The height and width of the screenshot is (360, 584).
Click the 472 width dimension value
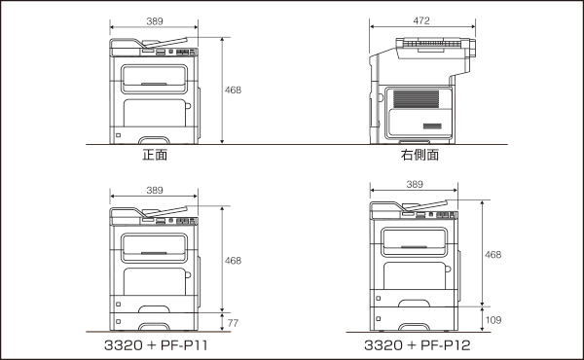(421, 20)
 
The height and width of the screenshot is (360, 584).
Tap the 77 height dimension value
(233, 323)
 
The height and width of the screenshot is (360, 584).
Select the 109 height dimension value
(493, 320)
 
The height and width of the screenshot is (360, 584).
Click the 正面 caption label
(155, 155)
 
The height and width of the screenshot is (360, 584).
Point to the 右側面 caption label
(420, 155)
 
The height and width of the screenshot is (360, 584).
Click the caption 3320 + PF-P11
(156, 345)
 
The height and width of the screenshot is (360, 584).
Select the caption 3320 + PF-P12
(418, 345)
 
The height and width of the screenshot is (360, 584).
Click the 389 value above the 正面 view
(155, 21)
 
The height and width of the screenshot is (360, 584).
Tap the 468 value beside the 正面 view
(233, 90)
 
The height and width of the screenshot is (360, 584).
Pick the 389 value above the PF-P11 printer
(155, 191)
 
